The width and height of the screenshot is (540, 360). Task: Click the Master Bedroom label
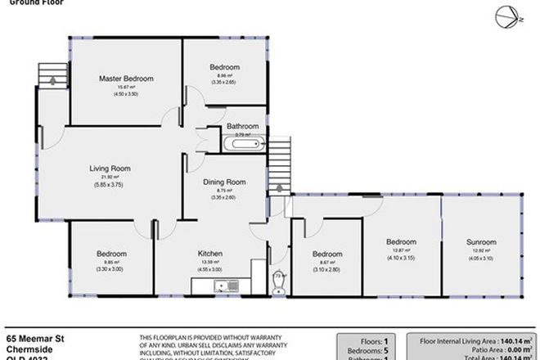coord(126,79)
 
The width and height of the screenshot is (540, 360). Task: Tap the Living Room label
coord(110,169)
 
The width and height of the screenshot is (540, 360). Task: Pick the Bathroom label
coord(243,126)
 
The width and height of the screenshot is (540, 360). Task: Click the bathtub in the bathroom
coord(243,144)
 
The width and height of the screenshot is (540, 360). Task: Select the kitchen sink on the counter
coord(218,286)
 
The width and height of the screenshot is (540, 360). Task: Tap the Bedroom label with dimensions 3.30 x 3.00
coord(109,254)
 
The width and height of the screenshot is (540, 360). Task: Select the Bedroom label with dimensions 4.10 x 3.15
coord(401,242)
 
